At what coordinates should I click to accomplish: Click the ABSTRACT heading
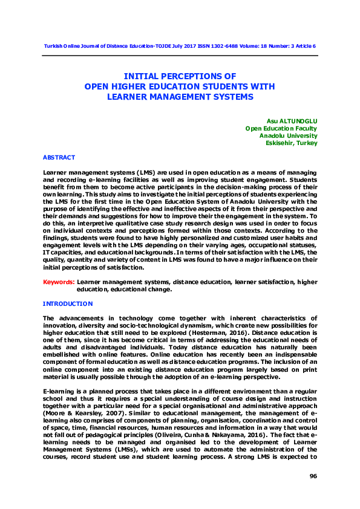tap(59, 157)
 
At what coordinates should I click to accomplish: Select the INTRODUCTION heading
tap(68, 303)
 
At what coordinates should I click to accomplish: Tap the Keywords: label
tap(59, 282)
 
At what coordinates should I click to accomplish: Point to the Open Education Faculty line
tap(281, 128)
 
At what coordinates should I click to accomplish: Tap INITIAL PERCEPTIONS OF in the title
tap(180, 77)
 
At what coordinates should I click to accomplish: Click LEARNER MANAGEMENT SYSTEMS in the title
tap(180, 96)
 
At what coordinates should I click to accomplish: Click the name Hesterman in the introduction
tap(205, 332)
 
